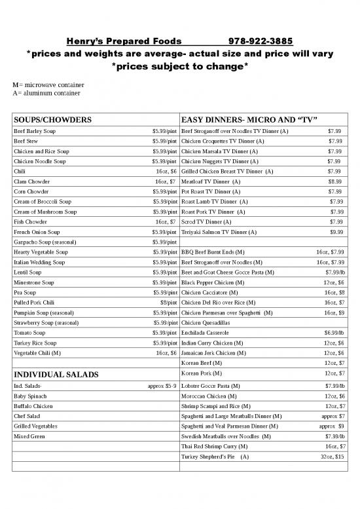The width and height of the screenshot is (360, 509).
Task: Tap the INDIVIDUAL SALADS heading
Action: coord(56,375)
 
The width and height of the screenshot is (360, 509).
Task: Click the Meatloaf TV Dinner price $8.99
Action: coord(334,180)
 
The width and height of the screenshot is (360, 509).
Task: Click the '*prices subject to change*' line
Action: coord(179,67)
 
